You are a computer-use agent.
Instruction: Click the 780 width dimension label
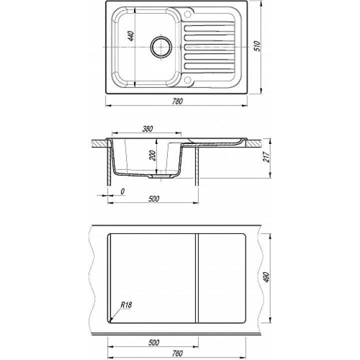[177, 101]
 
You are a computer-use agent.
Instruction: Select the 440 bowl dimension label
[131, 36]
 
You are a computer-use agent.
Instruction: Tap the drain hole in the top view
[161, 47]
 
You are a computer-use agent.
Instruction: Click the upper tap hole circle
[188, 13]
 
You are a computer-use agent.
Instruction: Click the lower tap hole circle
[188, 80]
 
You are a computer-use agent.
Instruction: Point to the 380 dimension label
[147, 129]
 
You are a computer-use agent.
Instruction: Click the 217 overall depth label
[266, 157]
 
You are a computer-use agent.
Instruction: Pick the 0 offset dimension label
[122, 191]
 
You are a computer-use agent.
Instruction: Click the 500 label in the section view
[153, 198]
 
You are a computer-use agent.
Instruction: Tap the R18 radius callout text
[126, 305]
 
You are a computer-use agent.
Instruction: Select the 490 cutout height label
[266, 277]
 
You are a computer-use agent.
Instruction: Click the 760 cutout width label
[177, 353]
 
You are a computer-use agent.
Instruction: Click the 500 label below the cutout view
[153, 343]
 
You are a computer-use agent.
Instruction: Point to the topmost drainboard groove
[209, 28]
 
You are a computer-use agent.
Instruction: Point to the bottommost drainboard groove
[209, 66]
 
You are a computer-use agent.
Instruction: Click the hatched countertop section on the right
[253, 143]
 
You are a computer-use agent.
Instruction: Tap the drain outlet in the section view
[160, 176]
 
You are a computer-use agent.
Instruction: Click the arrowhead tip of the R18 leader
[110, 320]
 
